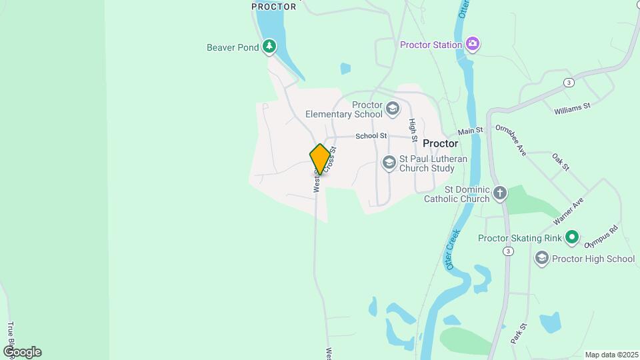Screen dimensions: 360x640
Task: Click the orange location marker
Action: (320, 159)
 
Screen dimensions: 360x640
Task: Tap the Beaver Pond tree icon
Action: (269, 47)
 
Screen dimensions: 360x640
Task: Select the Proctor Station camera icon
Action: (473, 45)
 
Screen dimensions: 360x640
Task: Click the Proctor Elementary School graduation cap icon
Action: (393, 108)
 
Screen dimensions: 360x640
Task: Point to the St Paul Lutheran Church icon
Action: (389, 163)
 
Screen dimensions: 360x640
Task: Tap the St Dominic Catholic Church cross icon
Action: (499, 193)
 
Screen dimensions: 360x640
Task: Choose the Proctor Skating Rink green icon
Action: (571, 237)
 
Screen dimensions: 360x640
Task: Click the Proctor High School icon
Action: (541, 258)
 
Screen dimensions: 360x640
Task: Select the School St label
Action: (371, 136)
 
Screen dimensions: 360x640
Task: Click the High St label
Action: (413, 129)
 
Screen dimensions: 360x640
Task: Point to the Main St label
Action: (470, 131)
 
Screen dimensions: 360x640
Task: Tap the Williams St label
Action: (573, 106)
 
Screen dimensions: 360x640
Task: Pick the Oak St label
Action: (560, 162)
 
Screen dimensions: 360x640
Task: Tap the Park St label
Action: (519, 333)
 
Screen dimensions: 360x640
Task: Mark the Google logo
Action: (22, 351)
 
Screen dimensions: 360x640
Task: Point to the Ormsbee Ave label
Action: (511, 139)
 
